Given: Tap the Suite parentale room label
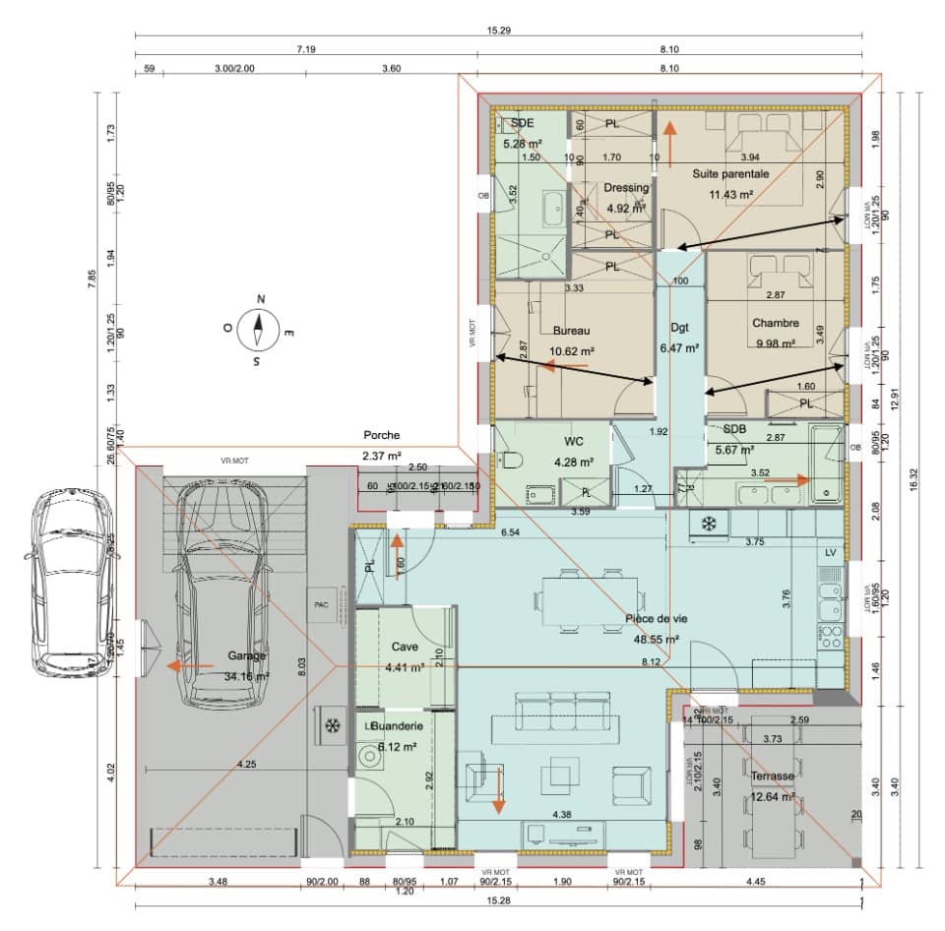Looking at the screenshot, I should coord(729,173).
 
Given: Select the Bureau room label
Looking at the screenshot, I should coord(571,331).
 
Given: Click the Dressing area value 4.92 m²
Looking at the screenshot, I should coord(626,208).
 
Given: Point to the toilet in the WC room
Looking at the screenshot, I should coord(510,461).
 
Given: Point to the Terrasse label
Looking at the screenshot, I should coord(772,776).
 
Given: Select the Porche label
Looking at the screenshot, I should coord(381,434).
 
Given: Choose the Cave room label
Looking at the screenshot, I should coord(405,648).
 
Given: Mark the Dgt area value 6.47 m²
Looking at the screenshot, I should coord(679,347).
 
